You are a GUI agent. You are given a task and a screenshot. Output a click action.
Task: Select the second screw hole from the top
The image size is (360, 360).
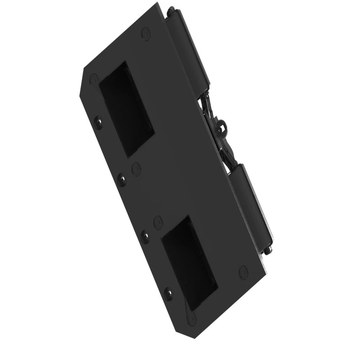(x=121, y=179)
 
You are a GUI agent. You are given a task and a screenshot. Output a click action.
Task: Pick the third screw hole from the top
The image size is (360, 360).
(x=145, y=236)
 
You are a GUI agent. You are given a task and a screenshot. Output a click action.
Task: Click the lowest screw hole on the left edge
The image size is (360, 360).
(x=168, y=293)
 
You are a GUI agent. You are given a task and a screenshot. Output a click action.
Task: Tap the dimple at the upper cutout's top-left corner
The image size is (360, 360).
(x=94, y=80)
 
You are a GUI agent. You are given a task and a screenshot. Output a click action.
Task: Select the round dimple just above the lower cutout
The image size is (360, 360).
(x=158, y=222)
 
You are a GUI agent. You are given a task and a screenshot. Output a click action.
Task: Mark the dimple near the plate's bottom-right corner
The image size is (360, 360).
(x=243, y=272)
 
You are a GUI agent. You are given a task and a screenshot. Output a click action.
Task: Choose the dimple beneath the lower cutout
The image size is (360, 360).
(x=193, y=319)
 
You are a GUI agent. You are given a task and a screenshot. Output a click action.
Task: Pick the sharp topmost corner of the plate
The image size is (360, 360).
(x=157, y=3)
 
